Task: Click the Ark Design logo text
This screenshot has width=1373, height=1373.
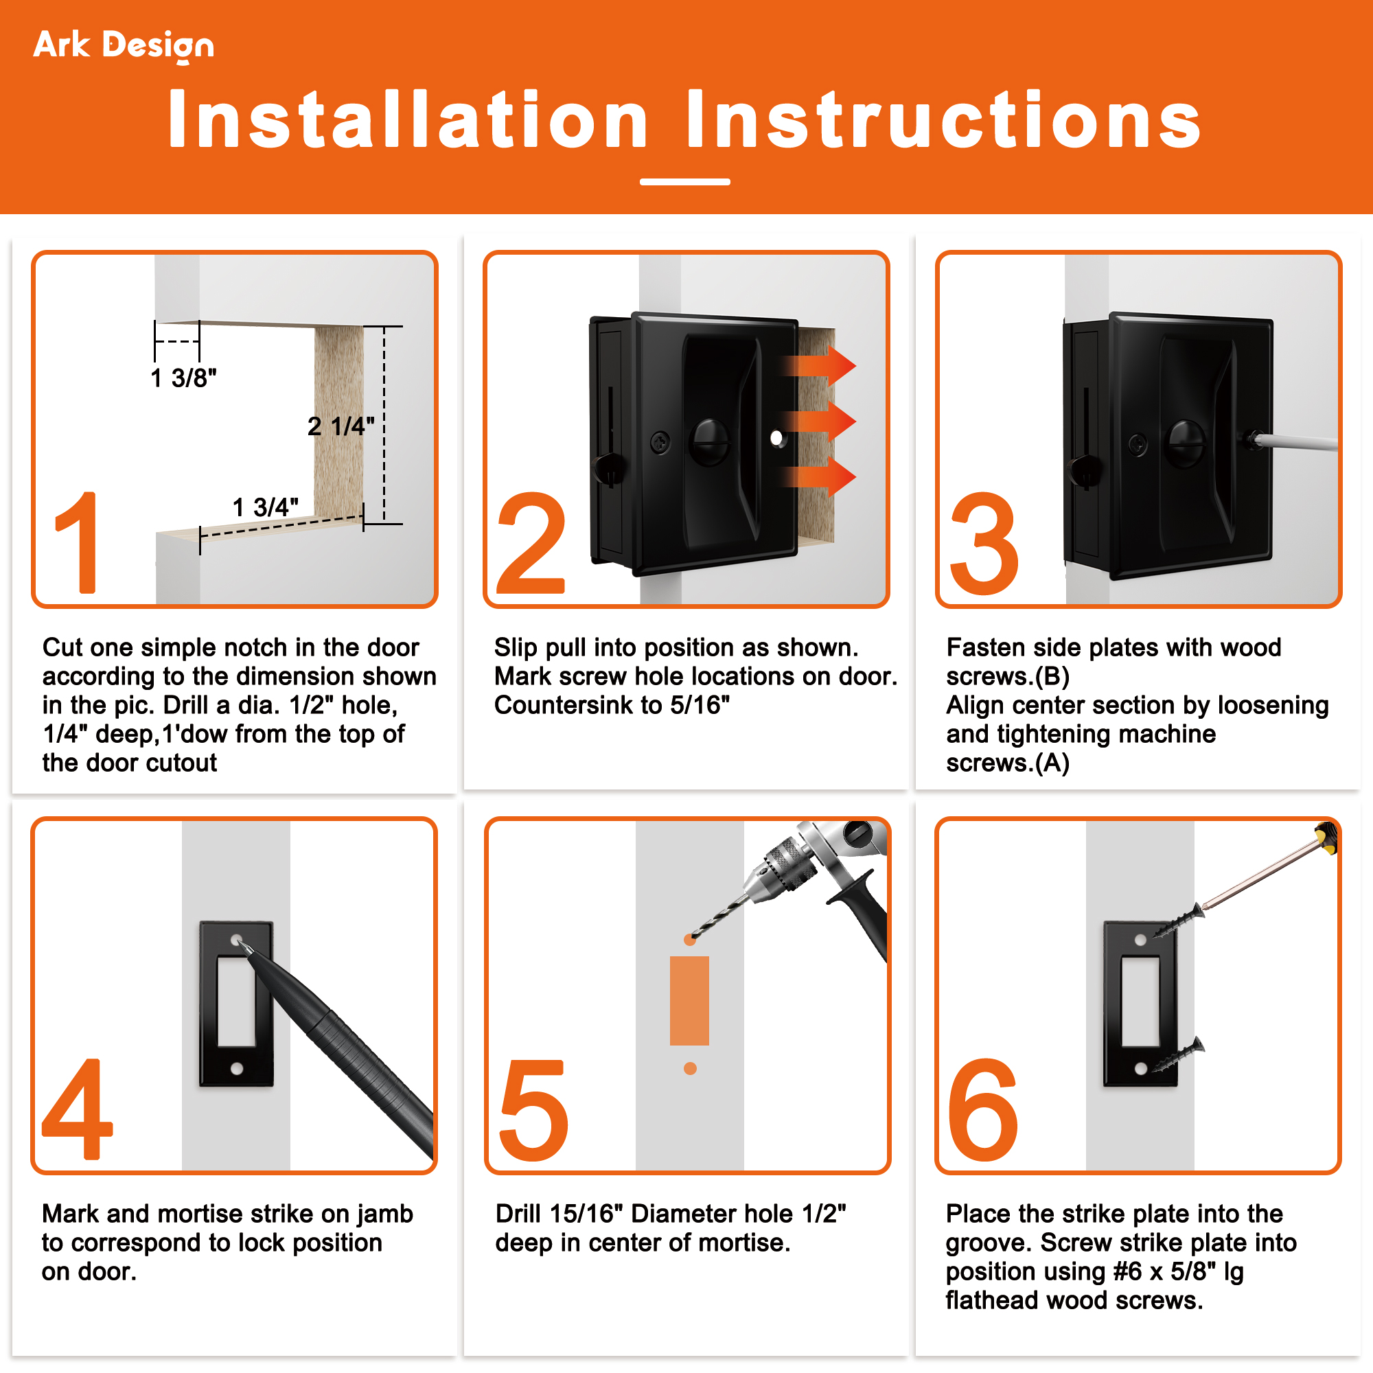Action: pos(124,46)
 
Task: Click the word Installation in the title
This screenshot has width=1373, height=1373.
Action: pos(408,119)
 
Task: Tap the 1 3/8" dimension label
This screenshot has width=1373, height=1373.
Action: pos(183,378)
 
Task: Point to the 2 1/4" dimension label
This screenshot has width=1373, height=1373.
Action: pos(341,426)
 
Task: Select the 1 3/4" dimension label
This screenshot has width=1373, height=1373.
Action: pos(266,507)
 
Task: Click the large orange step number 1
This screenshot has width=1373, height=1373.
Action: pos(77,542)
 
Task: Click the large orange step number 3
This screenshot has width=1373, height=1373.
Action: pos(985,543)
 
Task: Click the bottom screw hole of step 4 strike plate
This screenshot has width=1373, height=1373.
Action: pos(238,1068)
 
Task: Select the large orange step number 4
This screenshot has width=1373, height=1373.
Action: pos(78,1109)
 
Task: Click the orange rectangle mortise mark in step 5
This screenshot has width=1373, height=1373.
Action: pos(689,1001)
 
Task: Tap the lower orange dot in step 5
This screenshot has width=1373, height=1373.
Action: pos(690,1068)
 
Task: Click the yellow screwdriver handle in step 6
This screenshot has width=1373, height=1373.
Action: pos(1326,835)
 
